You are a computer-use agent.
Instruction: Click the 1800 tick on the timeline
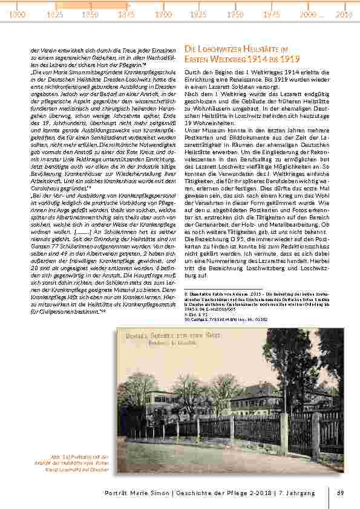click(18, 13)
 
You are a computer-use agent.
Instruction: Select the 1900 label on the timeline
click(163, 13)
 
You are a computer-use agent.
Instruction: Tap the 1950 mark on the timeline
click(235, 13)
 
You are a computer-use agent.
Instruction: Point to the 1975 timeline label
click(272, 13)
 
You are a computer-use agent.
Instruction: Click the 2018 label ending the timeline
click(344, 13)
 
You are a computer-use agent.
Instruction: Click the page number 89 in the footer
click(341, 493)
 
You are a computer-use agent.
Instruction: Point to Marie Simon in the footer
click(155, 493)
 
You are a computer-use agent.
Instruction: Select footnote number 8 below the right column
click(185, 293)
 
